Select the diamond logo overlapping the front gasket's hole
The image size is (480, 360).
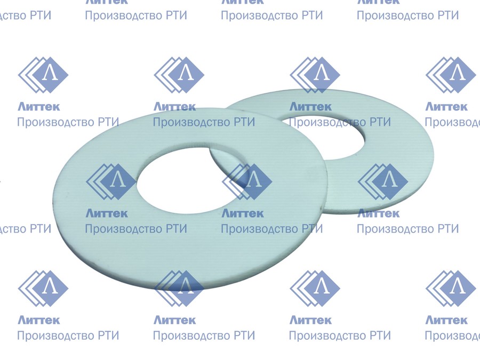111,182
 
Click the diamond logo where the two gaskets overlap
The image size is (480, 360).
247,182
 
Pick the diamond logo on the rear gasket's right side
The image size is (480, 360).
383,182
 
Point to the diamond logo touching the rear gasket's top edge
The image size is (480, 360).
315,75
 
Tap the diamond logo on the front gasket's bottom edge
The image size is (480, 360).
179,289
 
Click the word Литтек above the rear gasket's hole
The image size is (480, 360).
310,107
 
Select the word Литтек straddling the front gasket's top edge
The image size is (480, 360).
174,107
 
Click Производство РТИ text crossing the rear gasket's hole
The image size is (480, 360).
340,122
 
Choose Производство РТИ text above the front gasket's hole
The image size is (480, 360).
204,122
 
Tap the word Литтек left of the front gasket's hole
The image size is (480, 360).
107,213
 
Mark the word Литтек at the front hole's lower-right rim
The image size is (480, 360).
243,213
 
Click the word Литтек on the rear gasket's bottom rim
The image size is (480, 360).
378,213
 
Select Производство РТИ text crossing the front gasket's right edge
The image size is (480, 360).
272,229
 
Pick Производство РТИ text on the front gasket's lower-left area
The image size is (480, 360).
136,229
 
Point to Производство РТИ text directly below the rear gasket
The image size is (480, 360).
408,229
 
